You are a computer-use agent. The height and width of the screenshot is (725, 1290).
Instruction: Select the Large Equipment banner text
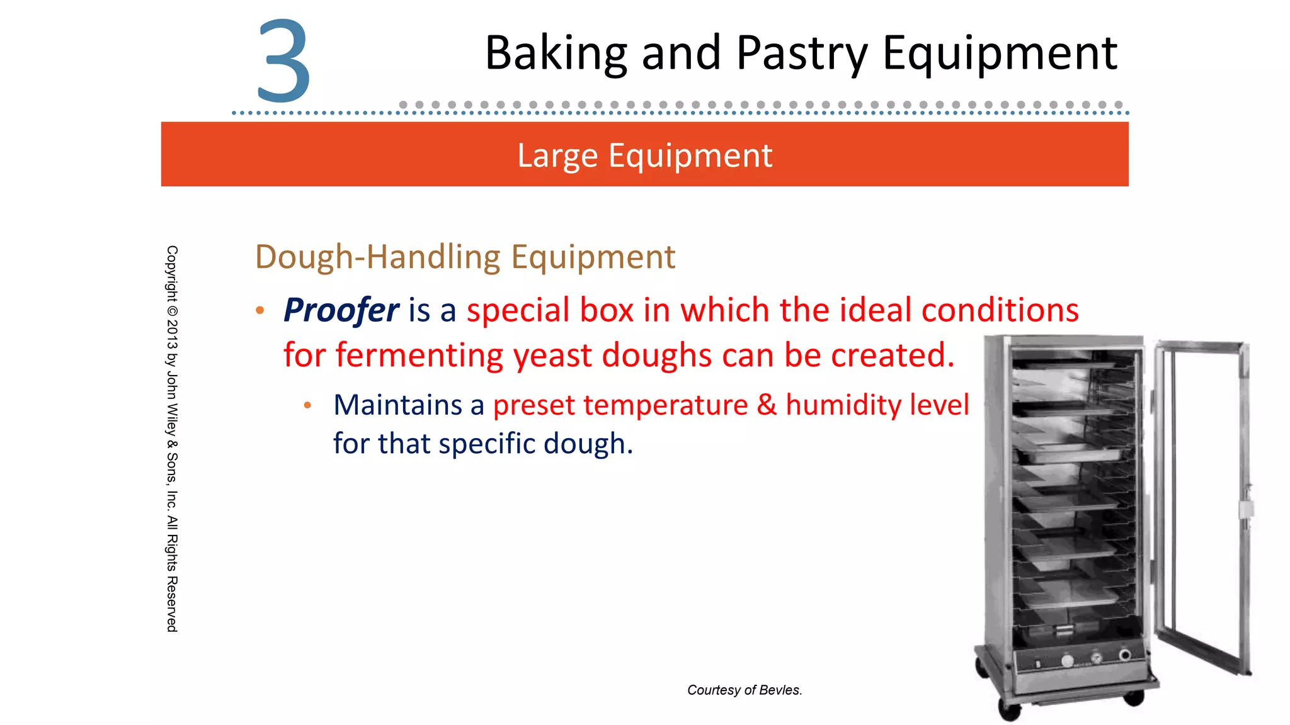click(644, 155)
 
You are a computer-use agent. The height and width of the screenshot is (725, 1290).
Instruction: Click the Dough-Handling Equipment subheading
click(465, 257)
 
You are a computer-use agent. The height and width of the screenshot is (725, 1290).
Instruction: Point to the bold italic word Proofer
click(341, 310)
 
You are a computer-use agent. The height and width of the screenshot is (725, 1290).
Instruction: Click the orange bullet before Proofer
click(260, 310)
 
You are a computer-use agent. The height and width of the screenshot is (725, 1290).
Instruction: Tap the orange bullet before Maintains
click(307, 405)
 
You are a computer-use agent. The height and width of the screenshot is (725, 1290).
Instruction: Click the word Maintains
click(397, 405)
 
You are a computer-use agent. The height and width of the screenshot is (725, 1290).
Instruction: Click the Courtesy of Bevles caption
click(745, 690)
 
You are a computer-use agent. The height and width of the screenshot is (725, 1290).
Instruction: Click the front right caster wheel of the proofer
click(1134, 697)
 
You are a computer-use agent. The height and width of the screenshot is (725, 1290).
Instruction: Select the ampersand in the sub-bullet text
click(767, 405)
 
